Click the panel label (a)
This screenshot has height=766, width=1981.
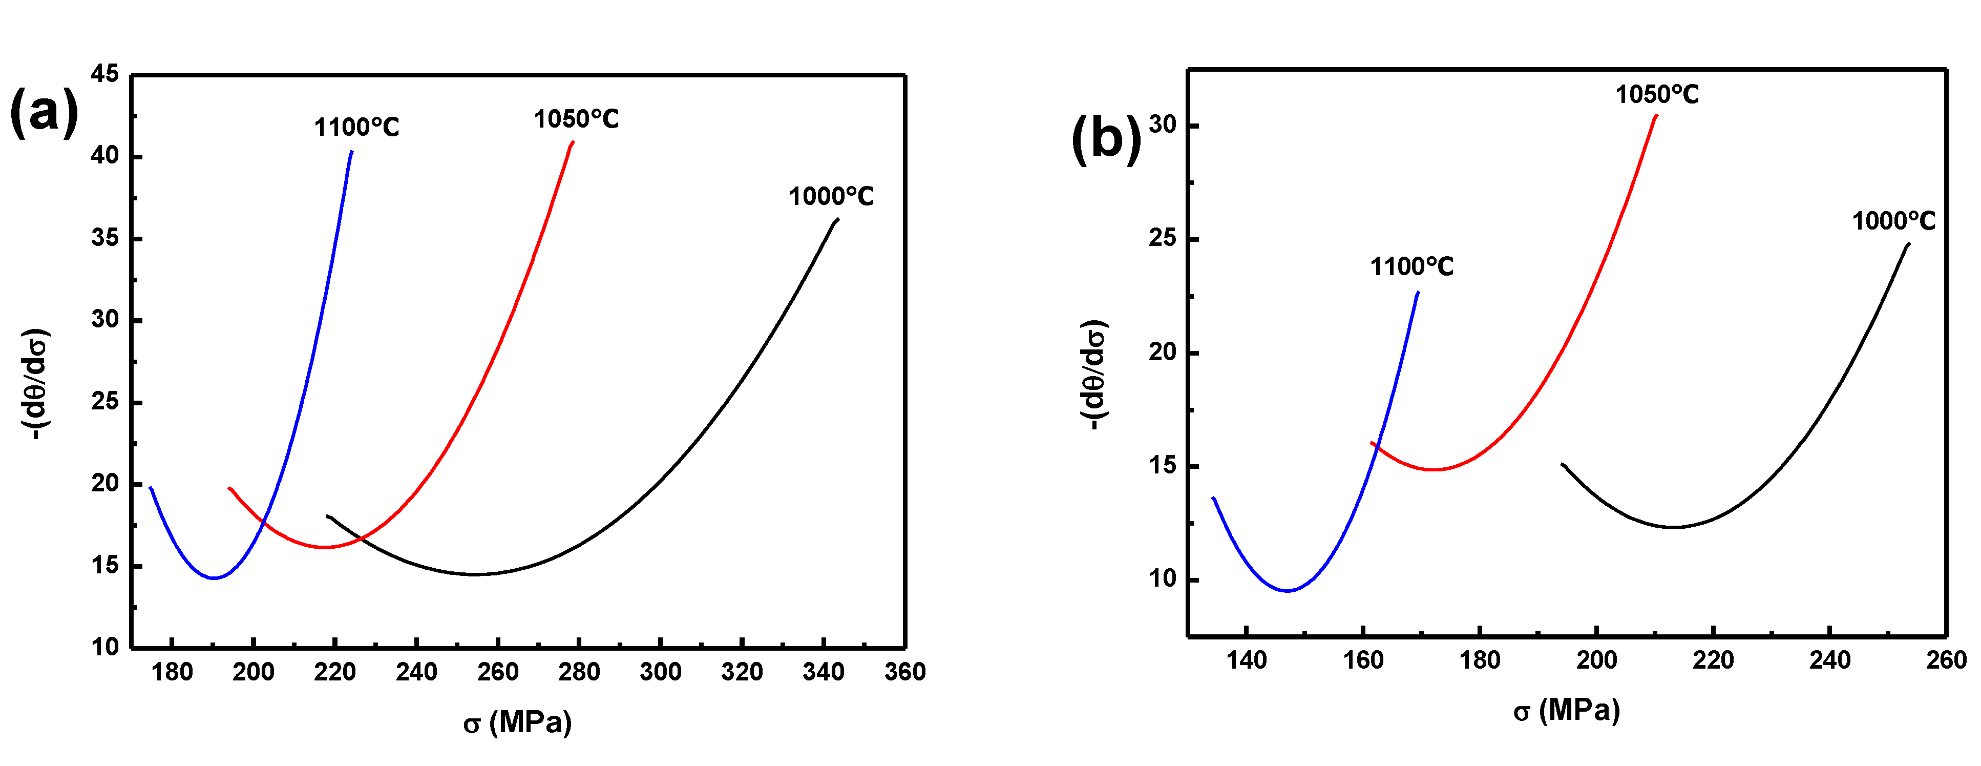[44, 112]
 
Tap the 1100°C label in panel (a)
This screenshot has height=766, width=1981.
[356, 128]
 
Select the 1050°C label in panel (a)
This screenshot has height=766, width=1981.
[576, 119]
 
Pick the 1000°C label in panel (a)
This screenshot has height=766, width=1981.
[831, 197]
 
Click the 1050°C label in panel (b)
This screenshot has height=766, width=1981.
[1656, 95]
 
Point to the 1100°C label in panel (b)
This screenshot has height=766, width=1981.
[1411, 267]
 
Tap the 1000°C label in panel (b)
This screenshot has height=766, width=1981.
[1892, 221]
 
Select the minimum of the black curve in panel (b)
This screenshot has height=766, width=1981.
[1673, 527]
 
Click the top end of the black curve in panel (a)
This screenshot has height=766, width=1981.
[837, 219]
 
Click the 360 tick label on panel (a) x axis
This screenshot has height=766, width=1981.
[904, 672]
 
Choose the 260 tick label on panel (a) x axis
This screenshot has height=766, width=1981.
[498, 672]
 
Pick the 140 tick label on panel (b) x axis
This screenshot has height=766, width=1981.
[1246, 660]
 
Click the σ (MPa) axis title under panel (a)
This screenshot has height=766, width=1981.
[518, 722]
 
